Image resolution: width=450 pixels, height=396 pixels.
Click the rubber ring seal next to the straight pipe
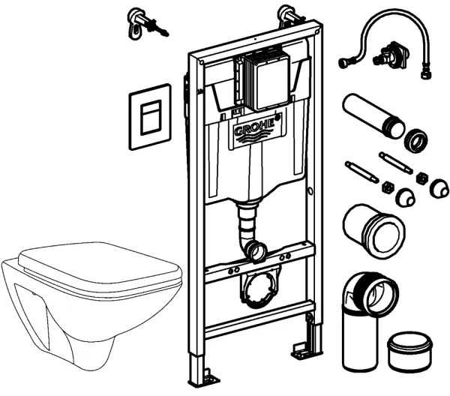click(x=417, y=141)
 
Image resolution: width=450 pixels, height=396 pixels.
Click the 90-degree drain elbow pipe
click(x=365, y=307)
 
